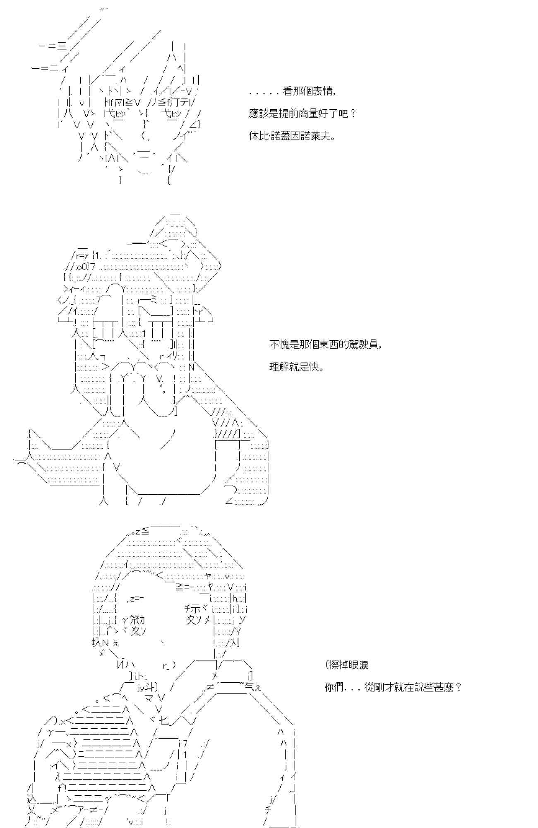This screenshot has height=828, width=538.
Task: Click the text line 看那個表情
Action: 293,91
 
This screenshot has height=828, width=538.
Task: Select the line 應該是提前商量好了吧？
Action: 303,113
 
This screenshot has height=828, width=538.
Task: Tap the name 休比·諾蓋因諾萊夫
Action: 292,136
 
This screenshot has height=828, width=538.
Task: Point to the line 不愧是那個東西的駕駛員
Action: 325,344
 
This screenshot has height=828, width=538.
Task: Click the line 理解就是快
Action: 296,367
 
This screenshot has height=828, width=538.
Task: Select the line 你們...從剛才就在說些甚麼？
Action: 393,688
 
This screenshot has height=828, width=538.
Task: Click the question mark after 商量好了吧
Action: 353,113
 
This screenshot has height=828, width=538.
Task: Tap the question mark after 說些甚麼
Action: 458,688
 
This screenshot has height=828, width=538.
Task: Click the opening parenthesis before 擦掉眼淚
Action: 328,665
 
